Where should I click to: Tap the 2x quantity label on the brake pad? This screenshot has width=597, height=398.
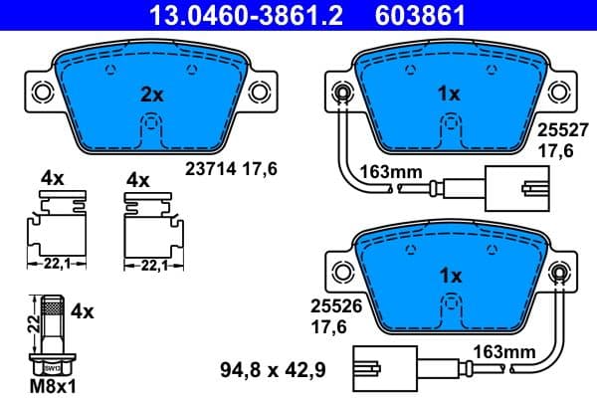[150, 95]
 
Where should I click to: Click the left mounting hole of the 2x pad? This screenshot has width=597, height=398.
[42, 93]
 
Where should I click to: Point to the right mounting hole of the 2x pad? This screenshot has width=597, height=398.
[258, 93]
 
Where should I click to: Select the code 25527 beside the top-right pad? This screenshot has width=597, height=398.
[557, 130]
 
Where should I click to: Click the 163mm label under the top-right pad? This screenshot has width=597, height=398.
[391, 171]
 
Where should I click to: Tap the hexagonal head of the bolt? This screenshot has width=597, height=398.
[49, 362]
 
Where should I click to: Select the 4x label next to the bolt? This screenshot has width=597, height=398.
[82, 310]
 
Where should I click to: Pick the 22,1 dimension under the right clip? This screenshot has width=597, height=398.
[152, 265]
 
